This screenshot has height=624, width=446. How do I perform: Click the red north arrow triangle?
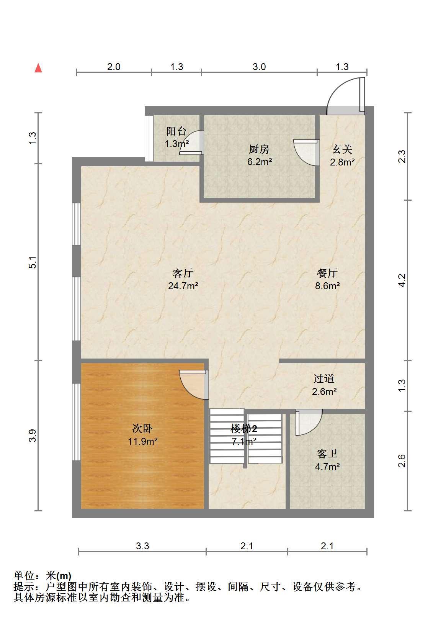point(38,68)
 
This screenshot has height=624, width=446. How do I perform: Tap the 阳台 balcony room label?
point(176,131)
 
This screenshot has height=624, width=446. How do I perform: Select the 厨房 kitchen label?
point(259,149)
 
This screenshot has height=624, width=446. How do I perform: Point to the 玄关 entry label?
point(342,150)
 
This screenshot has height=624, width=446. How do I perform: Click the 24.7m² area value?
point(183,286)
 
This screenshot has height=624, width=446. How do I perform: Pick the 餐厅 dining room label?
point(327,273)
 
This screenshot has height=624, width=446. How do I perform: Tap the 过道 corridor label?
point(324,378)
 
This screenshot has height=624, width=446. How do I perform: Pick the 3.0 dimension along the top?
point(259,67)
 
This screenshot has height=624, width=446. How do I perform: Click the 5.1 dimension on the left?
point(33,262)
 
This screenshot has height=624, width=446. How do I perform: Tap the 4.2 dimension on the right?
point(402,280)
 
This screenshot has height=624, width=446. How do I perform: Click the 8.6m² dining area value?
point(327,286)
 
